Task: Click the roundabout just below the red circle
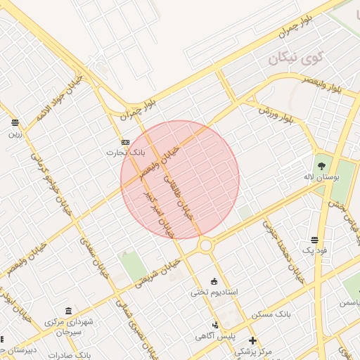(x=205, y=245)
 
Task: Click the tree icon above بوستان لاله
(x=321, y=167)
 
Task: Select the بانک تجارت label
(x=120, y=152)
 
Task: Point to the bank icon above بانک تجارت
(x=125, y=141)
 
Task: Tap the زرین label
(x=15, y=133)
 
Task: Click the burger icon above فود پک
(x=313, y=240)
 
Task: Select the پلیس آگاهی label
(x=215, y=336)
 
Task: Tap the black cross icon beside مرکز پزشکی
(x=253, y=341)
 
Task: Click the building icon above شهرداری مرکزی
(x=68, y=311)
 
